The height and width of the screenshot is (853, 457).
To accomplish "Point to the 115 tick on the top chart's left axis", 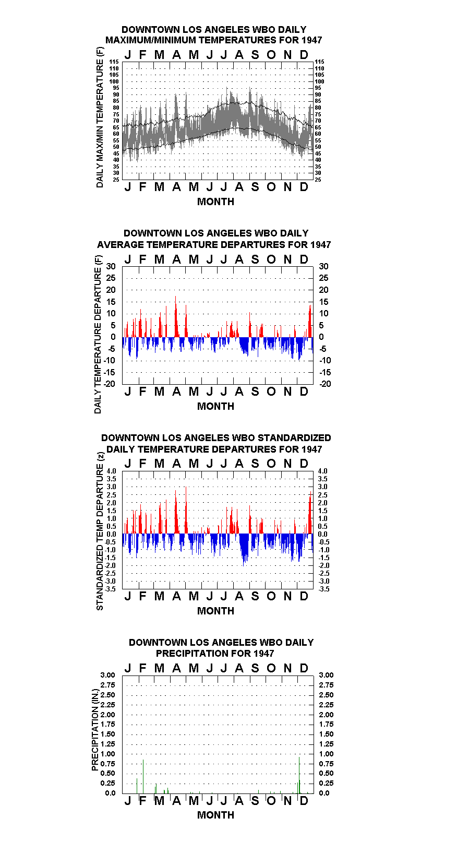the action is pos(114,62).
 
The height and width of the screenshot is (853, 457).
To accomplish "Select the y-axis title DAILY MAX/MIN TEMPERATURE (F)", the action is pos(100,117).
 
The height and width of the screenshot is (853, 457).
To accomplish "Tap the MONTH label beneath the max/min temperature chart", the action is pos(215,202).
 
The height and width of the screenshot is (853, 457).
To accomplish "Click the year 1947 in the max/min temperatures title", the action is pos(311,40).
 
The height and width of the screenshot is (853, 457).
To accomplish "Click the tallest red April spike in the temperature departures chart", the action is pos(176,316).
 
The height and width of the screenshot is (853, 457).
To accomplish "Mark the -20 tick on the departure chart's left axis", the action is pos(110,384).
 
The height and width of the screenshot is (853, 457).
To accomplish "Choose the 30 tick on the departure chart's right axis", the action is pos(323,267).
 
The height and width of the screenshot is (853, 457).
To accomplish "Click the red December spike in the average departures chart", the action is pos(310,321).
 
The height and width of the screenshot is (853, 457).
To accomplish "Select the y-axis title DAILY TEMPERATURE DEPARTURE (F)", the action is pos(98,334).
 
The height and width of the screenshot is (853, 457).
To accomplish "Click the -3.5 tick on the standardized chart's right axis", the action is pos(324,589).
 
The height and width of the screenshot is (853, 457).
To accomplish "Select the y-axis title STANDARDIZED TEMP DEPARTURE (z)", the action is pos(100,531).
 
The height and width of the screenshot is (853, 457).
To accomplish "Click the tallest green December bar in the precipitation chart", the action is pos(299,775).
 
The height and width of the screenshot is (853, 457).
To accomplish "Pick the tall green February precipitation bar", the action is pos(143,777).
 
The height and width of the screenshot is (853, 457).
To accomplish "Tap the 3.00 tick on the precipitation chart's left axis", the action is pos(107,675).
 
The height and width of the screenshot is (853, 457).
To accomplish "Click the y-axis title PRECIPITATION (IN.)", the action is pos(95,730).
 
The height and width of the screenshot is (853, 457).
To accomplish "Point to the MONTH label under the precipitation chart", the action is pos(215,815).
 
